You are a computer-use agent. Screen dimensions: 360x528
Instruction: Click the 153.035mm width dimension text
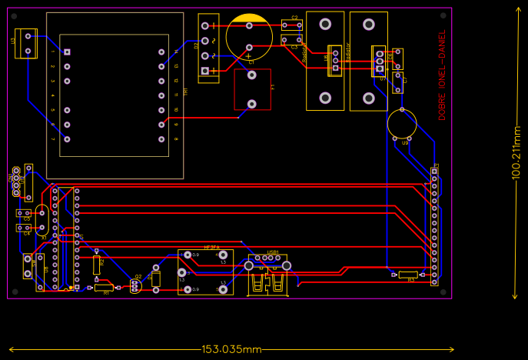point(231,349)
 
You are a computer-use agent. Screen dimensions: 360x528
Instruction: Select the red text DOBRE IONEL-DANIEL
point(442,75)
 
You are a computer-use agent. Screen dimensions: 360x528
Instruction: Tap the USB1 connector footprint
point(267,274)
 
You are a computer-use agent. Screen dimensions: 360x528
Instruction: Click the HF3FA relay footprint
point(205,272)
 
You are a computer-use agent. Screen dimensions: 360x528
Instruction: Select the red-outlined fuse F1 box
point(252,89)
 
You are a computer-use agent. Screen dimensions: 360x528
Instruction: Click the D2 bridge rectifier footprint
point(208,48)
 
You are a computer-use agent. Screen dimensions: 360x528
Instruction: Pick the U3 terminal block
point(26,43)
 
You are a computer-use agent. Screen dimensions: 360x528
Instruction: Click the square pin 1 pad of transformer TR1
point(67,52)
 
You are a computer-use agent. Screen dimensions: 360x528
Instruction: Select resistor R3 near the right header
point(408,274)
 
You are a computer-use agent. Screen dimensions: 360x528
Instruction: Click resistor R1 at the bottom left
point(104,288)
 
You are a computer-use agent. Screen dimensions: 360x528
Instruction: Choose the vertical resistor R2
point(96,265)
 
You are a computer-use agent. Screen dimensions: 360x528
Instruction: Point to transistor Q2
point(135,285)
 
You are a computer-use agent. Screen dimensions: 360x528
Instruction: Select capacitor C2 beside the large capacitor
point(291,25)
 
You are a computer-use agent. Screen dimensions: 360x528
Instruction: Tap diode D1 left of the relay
point(156,278)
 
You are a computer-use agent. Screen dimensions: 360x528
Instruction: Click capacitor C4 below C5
point(24,228)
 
